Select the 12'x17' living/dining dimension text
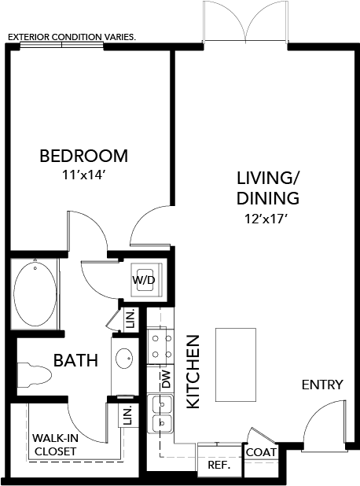(262, 219)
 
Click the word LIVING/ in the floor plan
(262, 175)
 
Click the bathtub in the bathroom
(35, 292)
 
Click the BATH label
(75, 361)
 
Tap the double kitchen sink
(161, 414)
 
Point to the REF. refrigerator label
(218, 465)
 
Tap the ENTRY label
(322, 385)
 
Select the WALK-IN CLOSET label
(54, 445)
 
